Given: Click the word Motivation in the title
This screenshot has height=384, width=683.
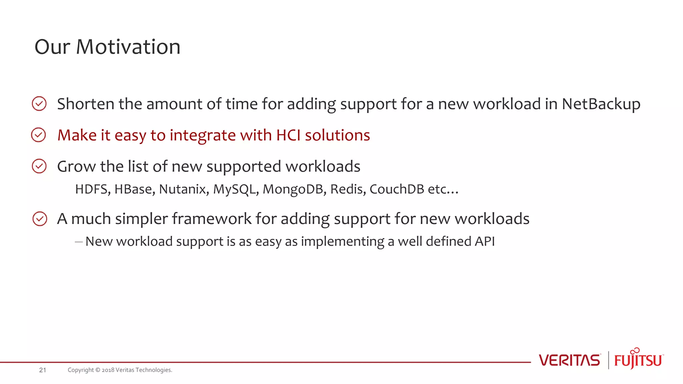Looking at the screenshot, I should point(128,47).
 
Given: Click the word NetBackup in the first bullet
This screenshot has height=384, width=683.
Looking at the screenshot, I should point(601,104).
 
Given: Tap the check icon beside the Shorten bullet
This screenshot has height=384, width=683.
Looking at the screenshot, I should point(39,104).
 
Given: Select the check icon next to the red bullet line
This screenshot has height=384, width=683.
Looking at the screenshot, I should point(39,135).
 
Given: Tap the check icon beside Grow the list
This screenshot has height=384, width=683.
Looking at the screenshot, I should point(39,166).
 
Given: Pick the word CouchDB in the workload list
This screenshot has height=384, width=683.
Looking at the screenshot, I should point(397,189).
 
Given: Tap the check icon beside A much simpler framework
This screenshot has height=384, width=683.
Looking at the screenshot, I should point(40,219).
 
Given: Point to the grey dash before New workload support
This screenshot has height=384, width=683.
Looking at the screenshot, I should point(79,242).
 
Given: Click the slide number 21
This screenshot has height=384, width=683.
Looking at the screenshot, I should point(43,370).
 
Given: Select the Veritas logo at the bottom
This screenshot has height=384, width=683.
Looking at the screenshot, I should point(570,360).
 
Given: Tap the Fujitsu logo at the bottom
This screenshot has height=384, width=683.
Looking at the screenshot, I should point(638,359).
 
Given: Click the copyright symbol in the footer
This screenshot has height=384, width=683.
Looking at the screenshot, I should point(98,370).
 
